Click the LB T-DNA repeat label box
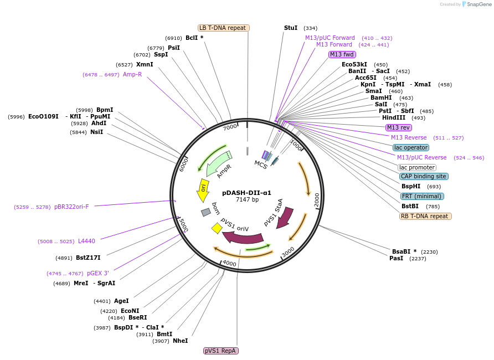click(x=224, y=28)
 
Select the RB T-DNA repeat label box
click(x=425, y=216)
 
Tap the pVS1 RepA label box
click(x=221, y=351)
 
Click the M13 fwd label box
click(x=342, y=54)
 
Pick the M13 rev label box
click(x=398, y=127)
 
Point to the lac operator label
click(x=411, y=147)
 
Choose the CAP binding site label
click(x=424, y=176)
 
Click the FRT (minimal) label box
click(x=423, y=196)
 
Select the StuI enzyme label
click(x=291, y=28)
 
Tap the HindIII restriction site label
click(x=394, y=117)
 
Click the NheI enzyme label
click(x=180, y=341)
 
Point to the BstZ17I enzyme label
click(x=88, y=258)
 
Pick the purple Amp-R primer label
click(x=132, y=74)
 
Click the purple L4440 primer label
click(x=86, y=241)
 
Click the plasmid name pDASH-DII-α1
click(x=246, y=193)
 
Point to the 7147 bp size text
click(x=247, y=199)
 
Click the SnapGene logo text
click(x=480, y=4)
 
